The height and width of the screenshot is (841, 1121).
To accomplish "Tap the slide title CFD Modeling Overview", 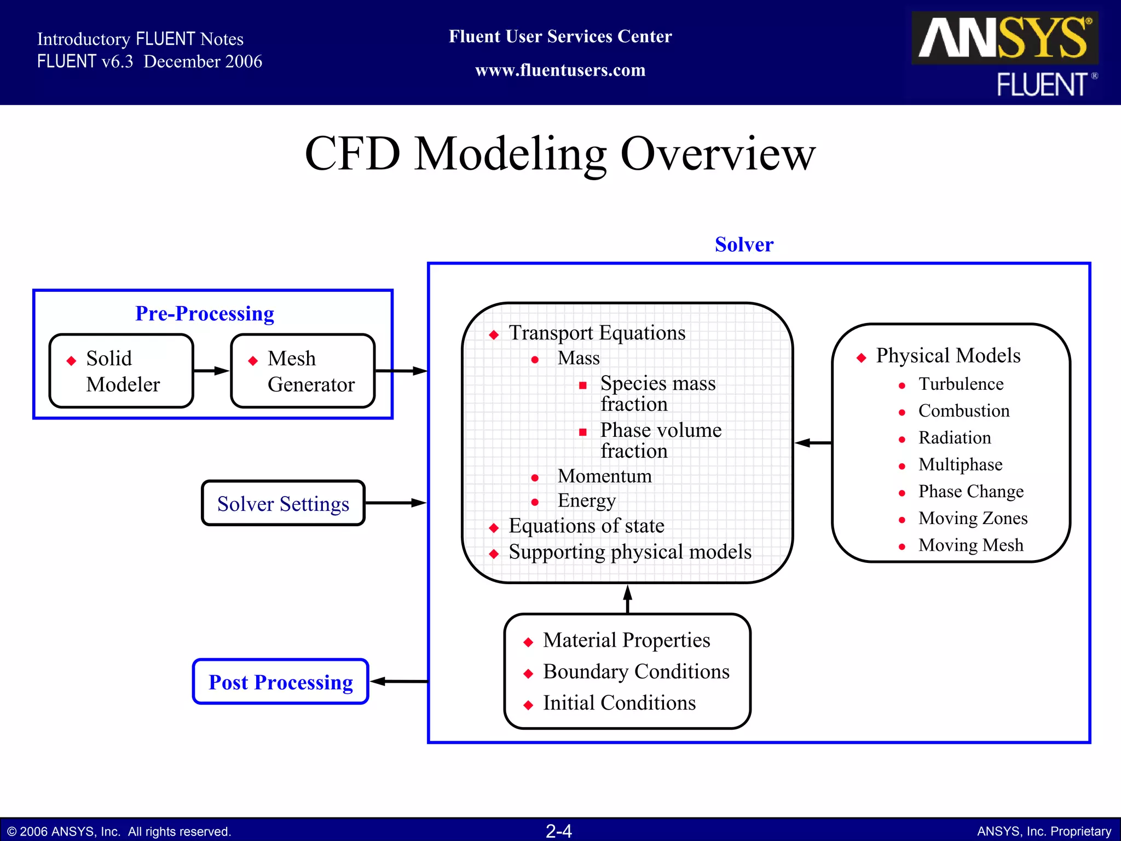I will click(x=560, y=154).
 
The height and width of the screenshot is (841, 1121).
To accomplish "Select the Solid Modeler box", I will click(x=121, y=371).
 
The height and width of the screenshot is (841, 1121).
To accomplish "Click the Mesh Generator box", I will click(x=303, y=371).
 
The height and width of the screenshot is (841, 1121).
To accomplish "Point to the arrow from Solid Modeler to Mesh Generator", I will click(x=212, y=371).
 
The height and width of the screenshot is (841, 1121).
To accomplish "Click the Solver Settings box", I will click(x=283, y=503).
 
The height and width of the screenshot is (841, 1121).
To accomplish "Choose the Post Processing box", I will click(x=280, y=682).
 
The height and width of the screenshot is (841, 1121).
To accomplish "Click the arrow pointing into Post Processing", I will click(x=398, y=682).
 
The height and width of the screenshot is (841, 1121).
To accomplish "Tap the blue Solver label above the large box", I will click(x=744, y=244).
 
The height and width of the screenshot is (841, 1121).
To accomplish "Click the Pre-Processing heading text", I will click(x=205, y=313).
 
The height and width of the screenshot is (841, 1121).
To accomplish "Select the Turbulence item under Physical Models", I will click(x=961, y=384).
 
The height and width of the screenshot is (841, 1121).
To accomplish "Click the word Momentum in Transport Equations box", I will click(x=604, y=476).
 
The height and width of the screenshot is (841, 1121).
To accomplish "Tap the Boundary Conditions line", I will click(x=635, y=671).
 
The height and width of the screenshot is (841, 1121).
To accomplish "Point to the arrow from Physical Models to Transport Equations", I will click(x=813, y=442).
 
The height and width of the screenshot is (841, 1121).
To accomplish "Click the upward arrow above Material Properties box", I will click(x=628, y=598).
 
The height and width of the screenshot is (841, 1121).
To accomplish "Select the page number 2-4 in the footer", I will click(x=559, y=831).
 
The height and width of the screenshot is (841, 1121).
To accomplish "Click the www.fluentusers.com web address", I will click(x=560, y=70).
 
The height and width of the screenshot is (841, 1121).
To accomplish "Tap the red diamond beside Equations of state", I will click(x=494, y=528).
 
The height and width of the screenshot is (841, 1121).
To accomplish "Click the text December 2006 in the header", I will click(x=203, y=61).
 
